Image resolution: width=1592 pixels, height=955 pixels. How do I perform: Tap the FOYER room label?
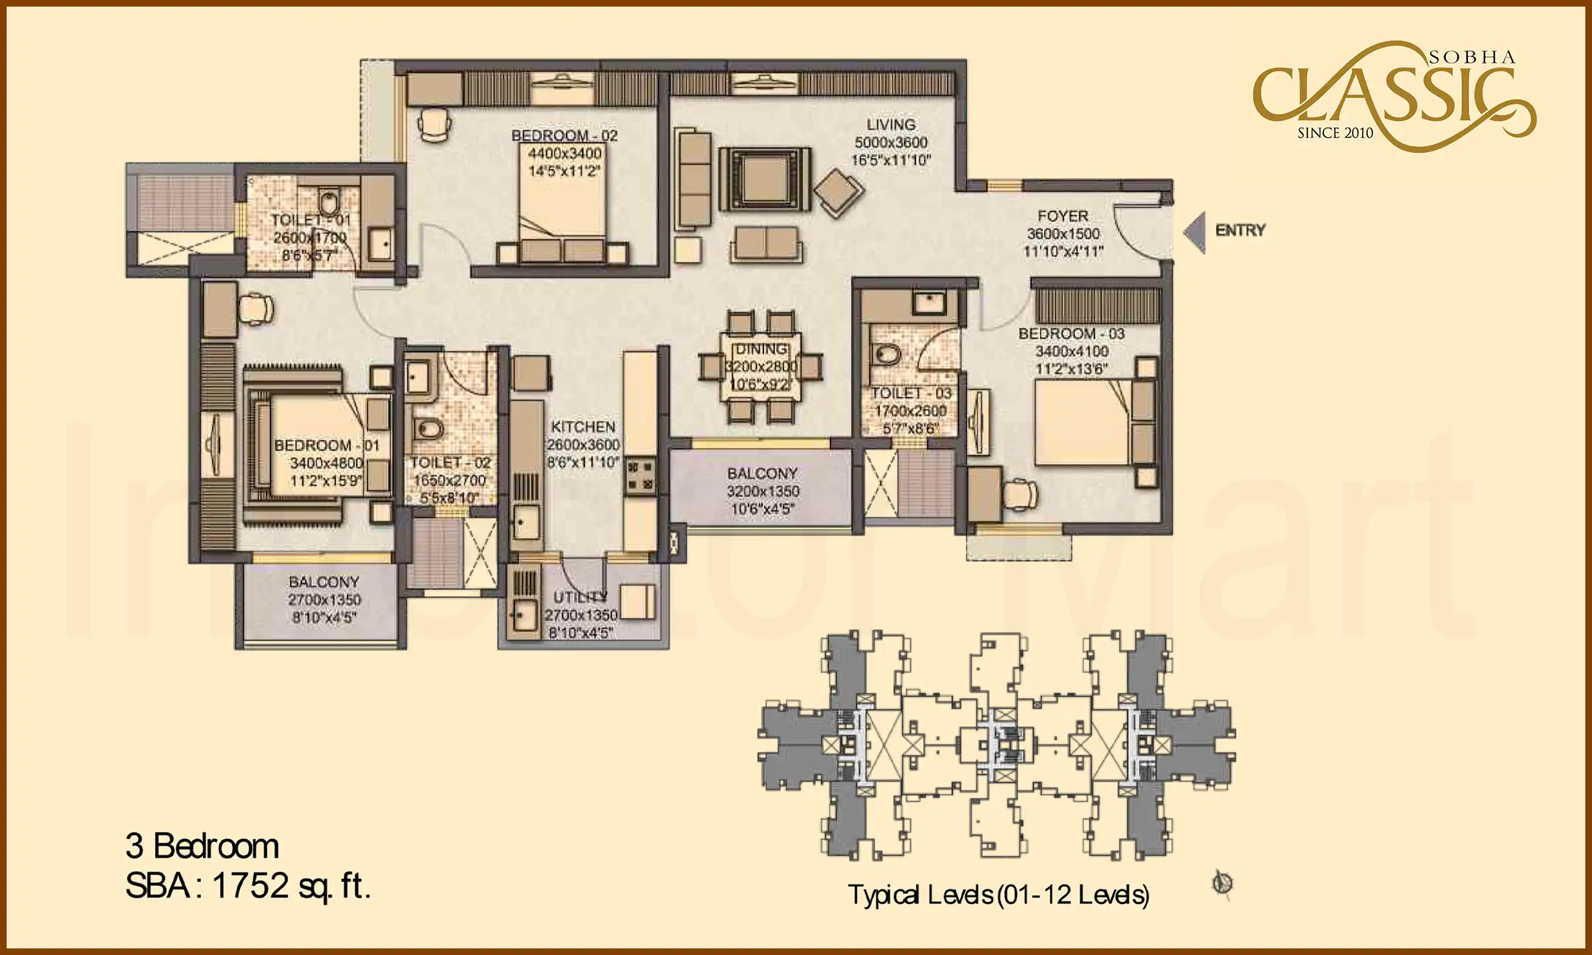click(x=1063, y=216)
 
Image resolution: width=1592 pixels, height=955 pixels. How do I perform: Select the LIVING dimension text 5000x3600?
click(x=891, y=143)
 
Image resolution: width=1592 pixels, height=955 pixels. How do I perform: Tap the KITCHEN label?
click(x=583, y=427)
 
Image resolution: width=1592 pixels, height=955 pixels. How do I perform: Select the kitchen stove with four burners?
click(x=639, y=476)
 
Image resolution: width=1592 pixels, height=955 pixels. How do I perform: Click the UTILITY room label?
click(x=580, y=596)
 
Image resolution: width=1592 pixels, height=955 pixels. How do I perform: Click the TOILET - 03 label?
click(x=911, y=393)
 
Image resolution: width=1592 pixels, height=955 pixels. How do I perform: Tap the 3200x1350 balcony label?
click(x=763, y=491)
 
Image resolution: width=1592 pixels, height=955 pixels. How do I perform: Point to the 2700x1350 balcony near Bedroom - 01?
click(x=324, y=600)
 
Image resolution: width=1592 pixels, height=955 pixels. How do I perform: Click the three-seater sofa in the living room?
click(x=694, y=178)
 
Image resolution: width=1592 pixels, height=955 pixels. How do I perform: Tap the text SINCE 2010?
click(x=1335, y=133)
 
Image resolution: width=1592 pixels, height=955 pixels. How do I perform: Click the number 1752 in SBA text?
click(x=250, y=885)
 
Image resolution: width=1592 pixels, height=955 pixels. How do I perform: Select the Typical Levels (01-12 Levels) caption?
click(x=998, y=895)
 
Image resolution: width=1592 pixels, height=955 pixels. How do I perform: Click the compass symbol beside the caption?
click(x=1223, y=883)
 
